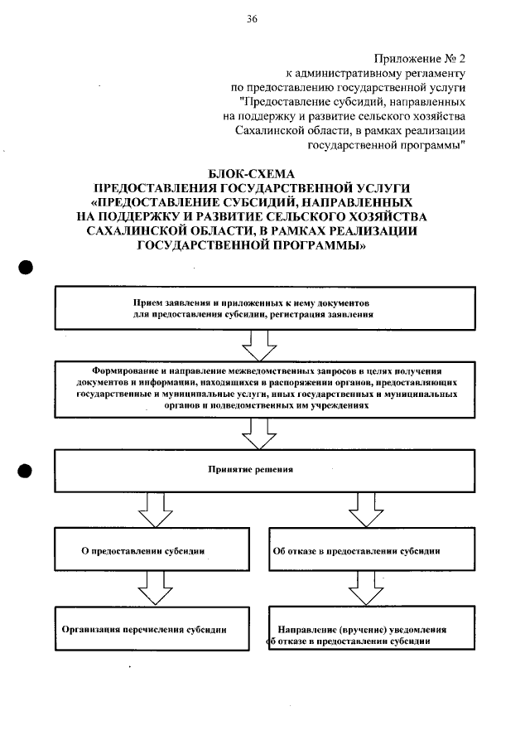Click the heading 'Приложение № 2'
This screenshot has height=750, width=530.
click(420, 59)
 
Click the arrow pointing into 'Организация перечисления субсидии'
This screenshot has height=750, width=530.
click(150, 590)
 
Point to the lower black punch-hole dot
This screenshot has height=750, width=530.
click(25, 470)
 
